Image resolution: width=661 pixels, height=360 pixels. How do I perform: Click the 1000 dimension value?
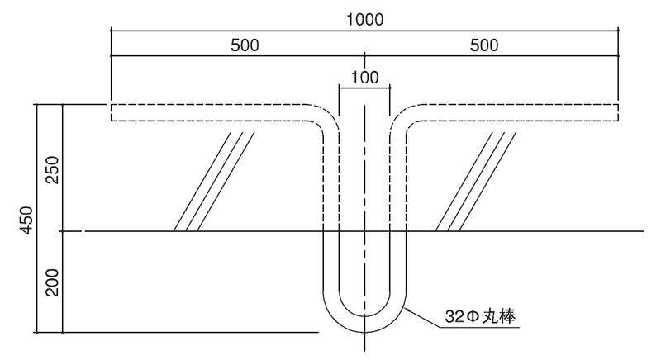tap(364, 19)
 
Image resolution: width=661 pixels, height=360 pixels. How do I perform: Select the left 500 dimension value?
tap(245, 45)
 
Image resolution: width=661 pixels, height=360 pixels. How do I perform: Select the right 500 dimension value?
tap(484, 45)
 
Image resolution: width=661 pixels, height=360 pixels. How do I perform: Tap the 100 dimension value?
tap(364, 78)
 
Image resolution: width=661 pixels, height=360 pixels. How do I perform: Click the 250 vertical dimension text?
tap(52, 168)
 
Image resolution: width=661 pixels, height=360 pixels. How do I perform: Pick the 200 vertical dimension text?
tap(52, 283)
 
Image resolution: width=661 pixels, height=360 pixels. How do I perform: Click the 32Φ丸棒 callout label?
tap(479, 315)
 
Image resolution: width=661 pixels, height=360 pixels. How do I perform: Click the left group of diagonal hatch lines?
tap(213, 182)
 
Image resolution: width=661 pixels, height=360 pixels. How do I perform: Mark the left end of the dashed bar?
tap(112, 113)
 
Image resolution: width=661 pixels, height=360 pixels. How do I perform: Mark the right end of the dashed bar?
tap(618, 113)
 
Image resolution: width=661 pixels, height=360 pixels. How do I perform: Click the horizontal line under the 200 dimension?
tap(190, 332)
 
